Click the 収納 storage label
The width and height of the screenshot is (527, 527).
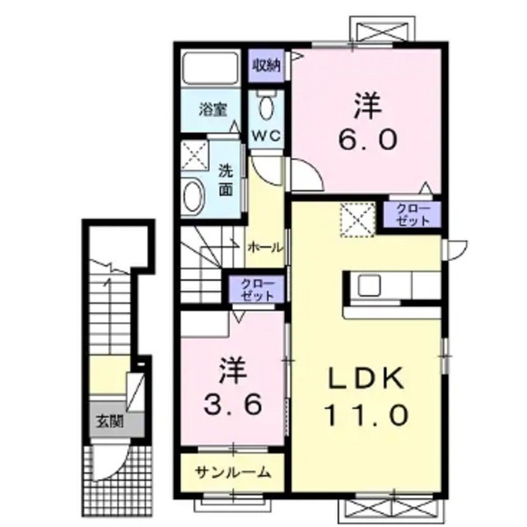(267, 65)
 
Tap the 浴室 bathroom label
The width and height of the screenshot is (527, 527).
(212, 110)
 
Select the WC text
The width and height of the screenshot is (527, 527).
(266, 136)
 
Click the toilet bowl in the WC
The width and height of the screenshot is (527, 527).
(267, 107)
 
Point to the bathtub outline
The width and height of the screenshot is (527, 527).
(211, 68)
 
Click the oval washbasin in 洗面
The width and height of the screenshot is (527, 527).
(194, 197)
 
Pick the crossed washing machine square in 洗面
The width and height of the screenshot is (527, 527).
(195, 156)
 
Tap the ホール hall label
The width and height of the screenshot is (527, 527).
(264, 248)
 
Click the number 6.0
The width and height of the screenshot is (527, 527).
(367, 139)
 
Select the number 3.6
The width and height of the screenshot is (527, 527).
(232, 404)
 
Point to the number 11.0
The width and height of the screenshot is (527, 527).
(366, 414)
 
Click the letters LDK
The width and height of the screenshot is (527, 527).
(366, 378)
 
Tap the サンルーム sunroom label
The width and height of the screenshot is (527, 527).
(232, 473)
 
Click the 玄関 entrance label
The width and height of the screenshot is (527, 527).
(110, 421)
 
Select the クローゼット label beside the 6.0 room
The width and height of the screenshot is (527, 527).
(413, 215)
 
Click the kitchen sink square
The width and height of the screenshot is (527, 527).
(369, 286)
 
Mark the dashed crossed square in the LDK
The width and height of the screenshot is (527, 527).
(357, 220)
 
